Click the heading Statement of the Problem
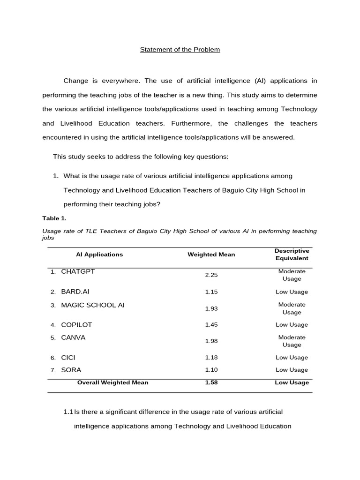(x=180, y=50)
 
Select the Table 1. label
(x=54, y=218)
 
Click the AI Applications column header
(x=99, y=255)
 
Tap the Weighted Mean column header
(x=211, y=255)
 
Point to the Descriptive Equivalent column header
(x=292, y=255)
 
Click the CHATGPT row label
(x=78, y=271)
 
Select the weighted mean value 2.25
(x=211, y=275)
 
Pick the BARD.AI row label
(x=75, y=292)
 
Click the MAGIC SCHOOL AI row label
(x=93, y=305)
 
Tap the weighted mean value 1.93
(x=211, y=308)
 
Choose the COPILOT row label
(x=76, y=324)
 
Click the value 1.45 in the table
(x=211, y=324)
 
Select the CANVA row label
(x=73, y=337)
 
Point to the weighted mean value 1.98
(x=211, y=341)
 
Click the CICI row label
(x=68, y=357)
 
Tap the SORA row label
(x=71, y=370)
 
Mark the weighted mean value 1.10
(x=211, y=370)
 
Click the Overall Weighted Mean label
(x=112, y=382)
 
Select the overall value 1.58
(x=211, y=382)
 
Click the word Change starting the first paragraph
(x=75, y=81)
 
